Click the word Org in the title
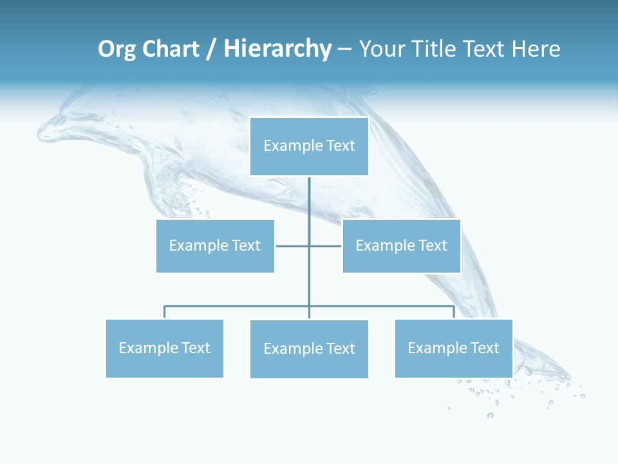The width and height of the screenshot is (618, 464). coord(117,49)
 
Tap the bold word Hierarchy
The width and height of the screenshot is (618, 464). coord(277,49)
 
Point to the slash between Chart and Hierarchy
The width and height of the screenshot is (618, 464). coord(211,50)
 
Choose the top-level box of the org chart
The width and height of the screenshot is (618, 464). coord(309,146)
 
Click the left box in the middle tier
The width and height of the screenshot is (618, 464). coord(215,246)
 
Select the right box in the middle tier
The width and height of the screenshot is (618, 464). coord(401,246)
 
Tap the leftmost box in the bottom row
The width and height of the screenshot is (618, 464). coord(164,348)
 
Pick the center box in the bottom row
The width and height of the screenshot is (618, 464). coord(309,349)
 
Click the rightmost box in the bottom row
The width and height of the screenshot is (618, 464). coord(453,348)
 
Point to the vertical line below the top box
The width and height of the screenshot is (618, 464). coord(309,200)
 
